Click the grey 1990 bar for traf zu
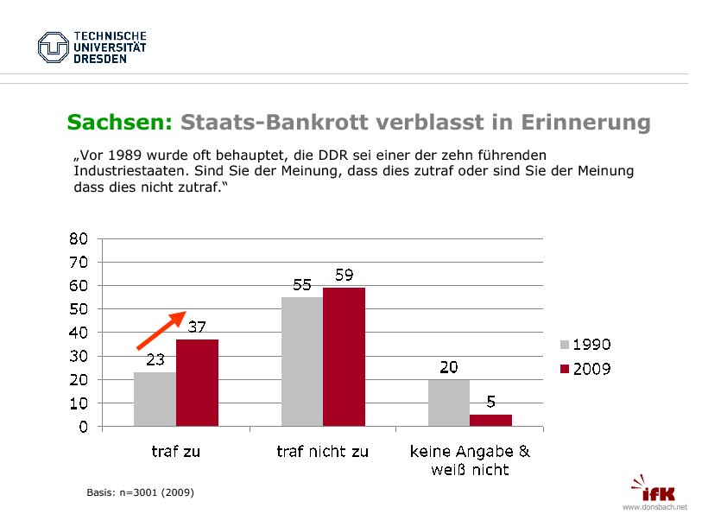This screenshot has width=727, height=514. (155, 399)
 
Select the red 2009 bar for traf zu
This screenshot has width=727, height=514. (197, 383)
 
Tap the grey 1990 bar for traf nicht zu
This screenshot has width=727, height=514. (302, 361)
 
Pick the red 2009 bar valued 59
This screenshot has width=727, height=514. (344, 357)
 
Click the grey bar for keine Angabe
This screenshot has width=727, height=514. (449, 403)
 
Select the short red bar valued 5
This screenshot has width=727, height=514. (490, 421)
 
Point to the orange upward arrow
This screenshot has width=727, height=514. (162, 329)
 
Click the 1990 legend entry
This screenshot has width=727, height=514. (585, 345)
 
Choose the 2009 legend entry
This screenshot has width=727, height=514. (585, 369)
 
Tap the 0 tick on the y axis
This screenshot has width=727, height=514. (83, 427)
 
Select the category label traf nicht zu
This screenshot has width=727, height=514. (322, 451)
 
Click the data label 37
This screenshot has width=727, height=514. (197, 327)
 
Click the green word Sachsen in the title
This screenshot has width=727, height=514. (120, 123)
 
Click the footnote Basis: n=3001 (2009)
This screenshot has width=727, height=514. (140, 492)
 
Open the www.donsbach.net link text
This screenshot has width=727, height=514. (654, 507)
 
